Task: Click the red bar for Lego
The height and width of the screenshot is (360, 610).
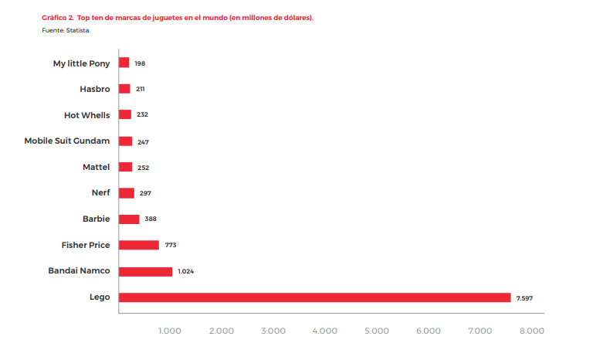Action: [314, 297]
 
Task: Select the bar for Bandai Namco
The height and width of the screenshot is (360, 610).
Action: [146, 271]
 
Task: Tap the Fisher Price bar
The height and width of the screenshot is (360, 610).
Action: [139, 245]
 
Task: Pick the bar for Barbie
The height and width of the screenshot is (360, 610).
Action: [129, 219]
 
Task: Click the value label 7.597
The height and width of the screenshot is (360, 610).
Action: [524, 298]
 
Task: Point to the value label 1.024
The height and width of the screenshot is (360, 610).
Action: [185, 272]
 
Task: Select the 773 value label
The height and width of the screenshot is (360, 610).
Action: [171, 246]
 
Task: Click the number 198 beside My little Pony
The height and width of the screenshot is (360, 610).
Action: [140, 63]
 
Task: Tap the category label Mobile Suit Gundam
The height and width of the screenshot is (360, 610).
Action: [67, 141]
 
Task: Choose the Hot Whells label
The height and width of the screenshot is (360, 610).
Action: [86, 115]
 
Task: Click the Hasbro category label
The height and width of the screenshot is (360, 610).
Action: [95, 89]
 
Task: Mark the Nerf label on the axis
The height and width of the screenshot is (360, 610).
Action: [100, 192]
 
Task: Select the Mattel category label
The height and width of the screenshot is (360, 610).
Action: [97, 167]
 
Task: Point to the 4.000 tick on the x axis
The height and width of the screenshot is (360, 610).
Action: [325, 331]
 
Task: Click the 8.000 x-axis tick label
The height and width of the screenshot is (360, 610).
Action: [532, 331]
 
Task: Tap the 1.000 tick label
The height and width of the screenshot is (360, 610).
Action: [170, 331]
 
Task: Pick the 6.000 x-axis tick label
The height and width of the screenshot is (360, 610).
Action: [429, 331]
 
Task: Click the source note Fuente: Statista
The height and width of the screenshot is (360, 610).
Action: [66, 30]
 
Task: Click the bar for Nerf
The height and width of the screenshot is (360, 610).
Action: [127, 193]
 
